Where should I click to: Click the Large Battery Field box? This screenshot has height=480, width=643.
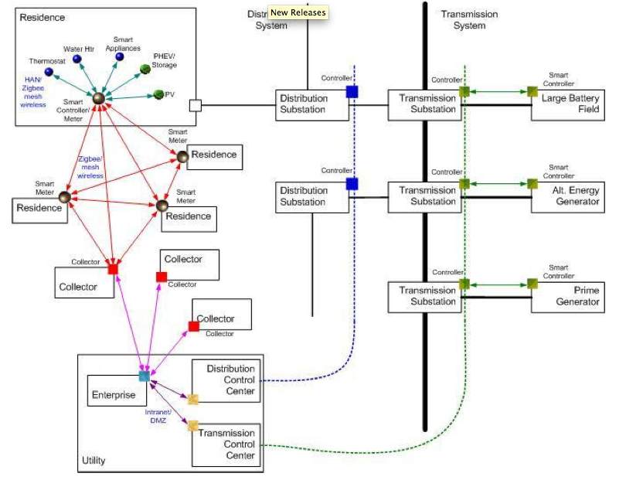pos(566,104)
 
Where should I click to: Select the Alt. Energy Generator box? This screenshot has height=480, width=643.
pos(566,196)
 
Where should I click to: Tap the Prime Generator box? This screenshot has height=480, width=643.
pos(566,296)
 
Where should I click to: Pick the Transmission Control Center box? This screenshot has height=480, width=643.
pos(226,444)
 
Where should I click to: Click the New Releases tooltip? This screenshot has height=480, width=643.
pos(298,12)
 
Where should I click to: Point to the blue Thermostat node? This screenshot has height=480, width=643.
pos(49,72)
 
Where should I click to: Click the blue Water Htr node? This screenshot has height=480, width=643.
pos(77,59)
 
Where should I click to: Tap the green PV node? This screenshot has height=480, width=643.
pos(158,94)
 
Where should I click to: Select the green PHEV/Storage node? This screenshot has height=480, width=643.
pos(145,69)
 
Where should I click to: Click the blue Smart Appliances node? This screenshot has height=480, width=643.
pos(119,56)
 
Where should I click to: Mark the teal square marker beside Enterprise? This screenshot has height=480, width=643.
pos(143,376)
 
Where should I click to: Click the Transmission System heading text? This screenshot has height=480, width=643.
pos(469,20)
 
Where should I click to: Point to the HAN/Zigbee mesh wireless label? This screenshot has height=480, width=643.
pos(33,93)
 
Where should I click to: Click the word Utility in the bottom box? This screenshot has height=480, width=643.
pos(94,461)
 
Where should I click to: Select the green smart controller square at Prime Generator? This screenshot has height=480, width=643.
pos(532,284)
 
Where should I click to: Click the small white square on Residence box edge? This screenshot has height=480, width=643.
pos(196,105)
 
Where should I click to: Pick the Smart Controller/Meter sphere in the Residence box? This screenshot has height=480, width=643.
pos(98,99)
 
